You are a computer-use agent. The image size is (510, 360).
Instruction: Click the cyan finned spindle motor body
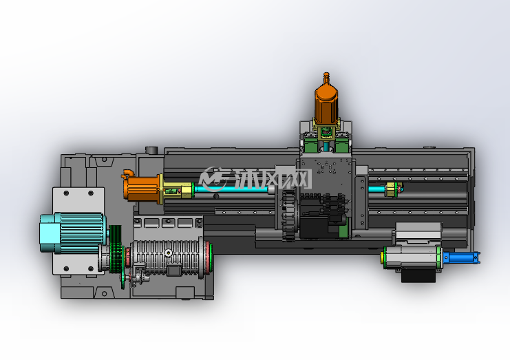coord(72,233)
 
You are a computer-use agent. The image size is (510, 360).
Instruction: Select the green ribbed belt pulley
coord(116,249)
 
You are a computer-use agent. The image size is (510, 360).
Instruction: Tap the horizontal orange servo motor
coord(142,189)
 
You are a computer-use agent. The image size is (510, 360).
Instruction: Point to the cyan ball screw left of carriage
coord(231,189)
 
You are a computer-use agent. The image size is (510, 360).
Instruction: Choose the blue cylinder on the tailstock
coord(461,257)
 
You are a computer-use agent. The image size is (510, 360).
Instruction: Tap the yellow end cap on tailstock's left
coord(382,257)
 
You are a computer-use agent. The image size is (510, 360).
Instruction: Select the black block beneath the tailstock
coord(418,275)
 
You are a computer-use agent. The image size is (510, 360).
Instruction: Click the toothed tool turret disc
coord(288,215)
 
